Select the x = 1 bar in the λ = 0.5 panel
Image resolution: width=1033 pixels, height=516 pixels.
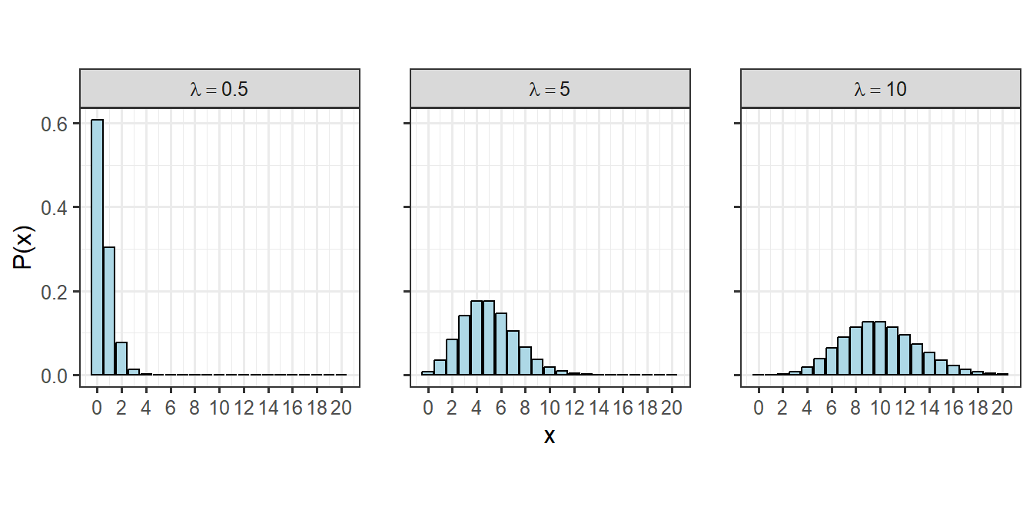[109, 311]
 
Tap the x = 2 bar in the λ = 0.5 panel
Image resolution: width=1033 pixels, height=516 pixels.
[121, 359]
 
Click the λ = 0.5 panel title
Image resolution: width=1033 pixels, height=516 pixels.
[220, 89]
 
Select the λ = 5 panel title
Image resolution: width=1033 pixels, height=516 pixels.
[550, 89]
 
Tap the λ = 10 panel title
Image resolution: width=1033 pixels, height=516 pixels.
[881, 89]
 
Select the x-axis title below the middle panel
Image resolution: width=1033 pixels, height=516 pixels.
[550, 436]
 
